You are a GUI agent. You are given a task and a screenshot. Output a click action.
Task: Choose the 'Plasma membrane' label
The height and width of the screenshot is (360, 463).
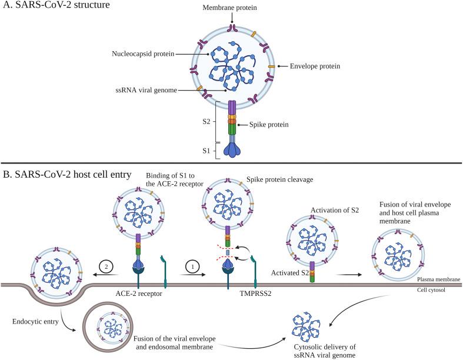[437, 281]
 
